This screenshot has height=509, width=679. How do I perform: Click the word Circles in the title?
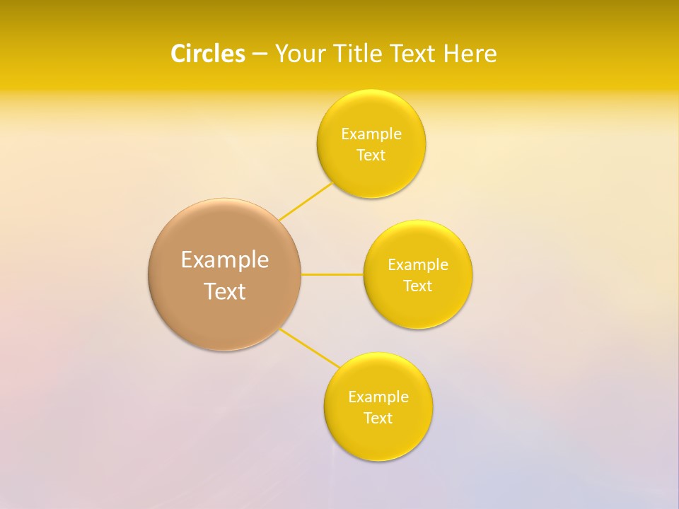(x=207, y=54)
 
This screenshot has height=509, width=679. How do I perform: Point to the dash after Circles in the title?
(x=260, y=54)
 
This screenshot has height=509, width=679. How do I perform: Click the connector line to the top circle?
(x=306, y=201)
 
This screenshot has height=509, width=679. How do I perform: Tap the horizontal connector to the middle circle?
(x=332, y=274)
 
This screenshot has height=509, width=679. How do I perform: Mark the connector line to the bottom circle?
(x=309, y=348)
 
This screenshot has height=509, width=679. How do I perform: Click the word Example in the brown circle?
(x=225, y=260)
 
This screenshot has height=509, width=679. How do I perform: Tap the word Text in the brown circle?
(x=225, y=291)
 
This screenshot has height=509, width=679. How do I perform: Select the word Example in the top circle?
(x=371, y=134)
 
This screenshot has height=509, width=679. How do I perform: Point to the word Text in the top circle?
(x=371, y=155)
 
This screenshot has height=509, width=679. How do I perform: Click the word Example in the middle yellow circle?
(x=418, y=265)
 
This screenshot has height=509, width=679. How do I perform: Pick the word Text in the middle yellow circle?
(x=418, y=286)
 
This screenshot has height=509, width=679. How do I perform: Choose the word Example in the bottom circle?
(x=378, y=397)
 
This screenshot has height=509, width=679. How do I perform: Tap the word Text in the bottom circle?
(x=378, y=418)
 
